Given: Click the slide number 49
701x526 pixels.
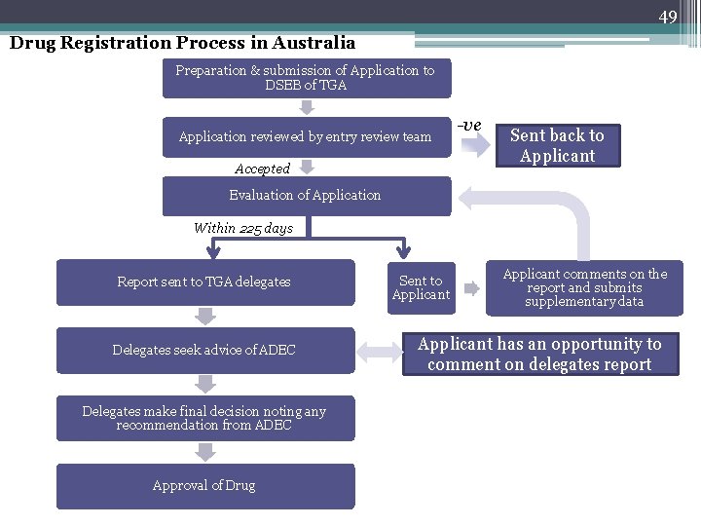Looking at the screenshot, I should click(667, 17).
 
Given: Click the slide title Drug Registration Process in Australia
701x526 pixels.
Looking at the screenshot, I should click(182, 43).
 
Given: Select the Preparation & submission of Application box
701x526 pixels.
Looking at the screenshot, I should click(306, 78).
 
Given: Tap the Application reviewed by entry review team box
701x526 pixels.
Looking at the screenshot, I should click(306, 137).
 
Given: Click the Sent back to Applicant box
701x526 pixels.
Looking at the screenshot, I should click(557, 146).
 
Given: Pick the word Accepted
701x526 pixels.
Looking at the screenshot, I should click(262, 169).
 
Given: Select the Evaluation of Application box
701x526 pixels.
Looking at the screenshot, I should click(306, 196).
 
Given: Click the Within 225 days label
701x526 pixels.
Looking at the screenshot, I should click(242, 228).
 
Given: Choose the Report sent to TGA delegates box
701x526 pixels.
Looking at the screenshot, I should click(204, 282).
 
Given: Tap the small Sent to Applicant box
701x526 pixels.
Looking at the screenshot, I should click(421, 287).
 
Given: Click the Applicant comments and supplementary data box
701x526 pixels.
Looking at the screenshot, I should click(584, 288).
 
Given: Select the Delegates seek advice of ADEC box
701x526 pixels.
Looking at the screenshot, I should click(204, 350).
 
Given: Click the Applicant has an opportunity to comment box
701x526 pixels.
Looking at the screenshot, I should click(539, 355).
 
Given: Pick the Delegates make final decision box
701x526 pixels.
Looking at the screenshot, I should click(204, 418).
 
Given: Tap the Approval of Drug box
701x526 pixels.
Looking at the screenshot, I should click(204, 485).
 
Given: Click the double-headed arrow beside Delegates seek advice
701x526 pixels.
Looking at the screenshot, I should click(378, 351).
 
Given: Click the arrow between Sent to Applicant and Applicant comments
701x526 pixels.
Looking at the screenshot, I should click(470, 288).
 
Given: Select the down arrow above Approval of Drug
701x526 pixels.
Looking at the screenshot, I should click(204, 452).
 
